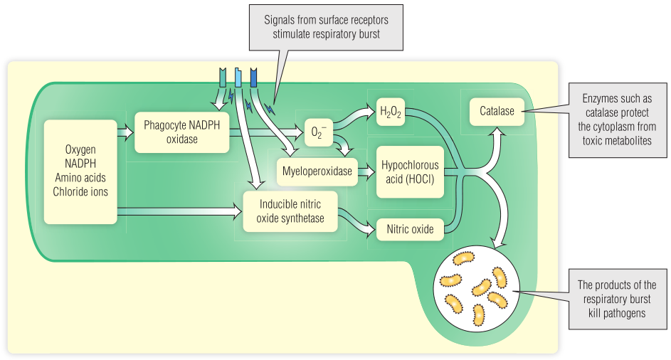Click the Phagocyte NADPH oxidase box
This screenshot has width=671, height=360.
(x=181, y=132)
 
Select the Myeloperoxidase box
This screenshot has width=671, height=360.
(x=317, y=171)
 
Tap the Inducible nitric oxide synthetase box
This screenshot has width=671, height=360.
(x=290, y=211)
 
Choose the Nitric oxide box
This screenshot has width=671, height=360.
(x=410, y=230)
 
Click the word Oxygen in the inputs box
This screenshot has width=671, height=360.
(x=80, y=150)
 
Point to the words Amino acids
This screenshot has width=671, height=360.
(x=80, y=177)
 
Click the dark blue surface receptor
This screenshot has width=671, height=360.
(x=254, y=78)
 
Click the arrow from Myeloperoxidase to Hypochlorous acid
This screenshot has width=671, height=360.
(x=365, y=171)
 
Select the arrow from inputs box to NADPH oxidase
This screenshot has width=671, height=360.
(x=125, y=132)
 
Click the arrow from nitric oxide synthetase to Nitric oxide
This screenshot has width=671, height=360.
(x=359, y=224)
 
